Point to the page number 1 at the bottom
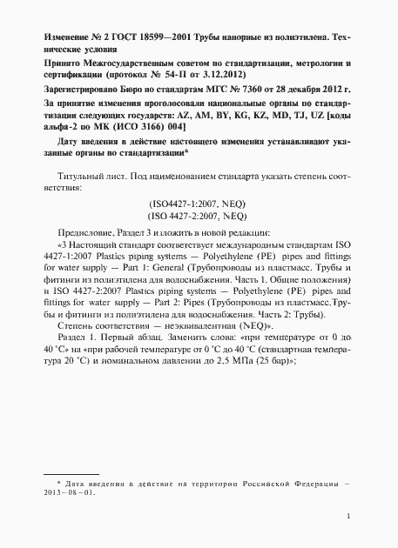pyautogui.click(x=348, y=517)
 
